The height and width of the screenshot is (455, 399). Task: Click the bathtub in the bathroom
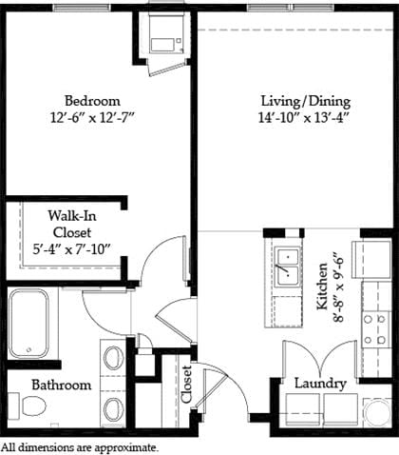32,323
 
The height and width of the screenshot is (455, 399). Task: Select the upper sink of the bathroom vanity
112,358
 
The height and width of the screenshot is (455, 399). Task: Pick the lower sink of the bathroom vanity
112,409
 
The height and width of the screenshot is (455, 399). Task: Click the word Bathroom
61,386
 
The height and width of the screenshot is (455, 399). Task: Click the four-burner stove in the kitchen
375,328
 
